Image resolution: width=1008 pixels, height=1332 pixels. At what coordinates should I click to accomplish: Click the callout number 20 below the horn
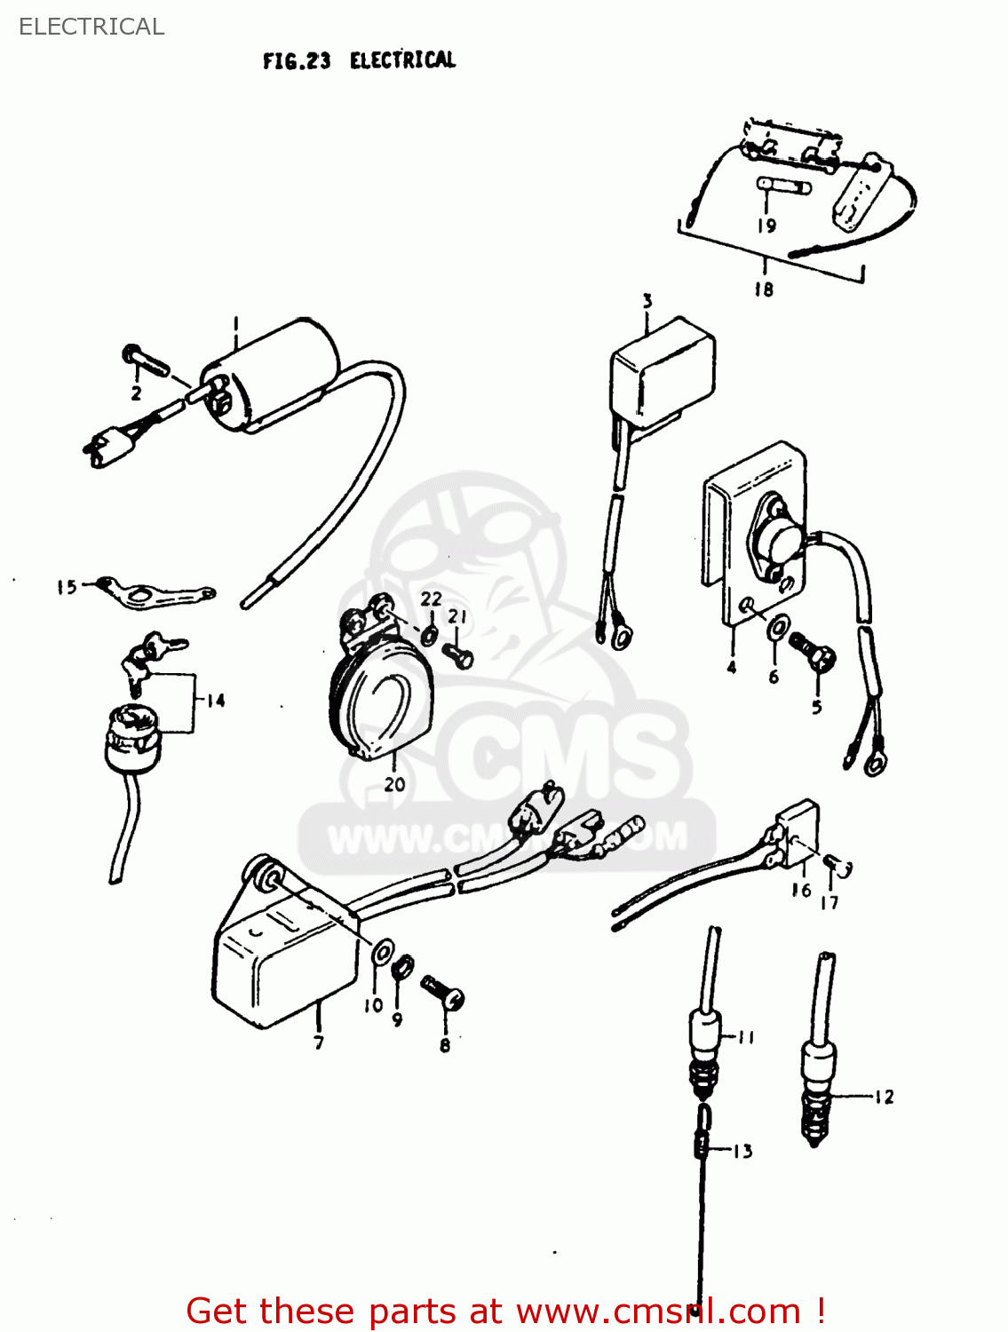[394, 784]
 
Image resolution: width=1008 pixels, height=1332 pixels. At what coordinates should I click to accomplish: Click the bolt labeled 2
[147, 360]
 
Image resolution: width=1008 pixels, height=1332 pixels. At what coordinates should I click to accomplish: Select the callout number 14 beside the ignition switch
[216, 701]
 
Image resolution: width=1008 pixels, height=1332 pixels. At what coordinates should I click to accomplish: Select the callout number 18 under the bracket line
[764, 289]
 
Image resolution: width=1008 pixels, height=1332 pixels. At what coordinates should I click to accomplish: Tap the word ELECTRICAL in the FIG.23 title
[402, 60]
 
